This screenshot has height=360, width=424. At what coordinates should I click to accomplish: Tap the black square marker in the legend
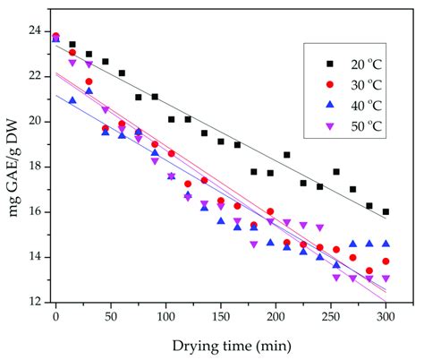pyautogui.click(x=328, y=64)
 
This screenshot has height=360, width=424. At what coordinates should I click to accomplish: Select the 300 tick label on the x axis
pyautogui.click(x=386, y=315)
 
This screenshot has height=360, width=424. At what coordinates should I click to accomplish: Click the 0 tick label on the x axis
pyautogui.click(x=55, y=315)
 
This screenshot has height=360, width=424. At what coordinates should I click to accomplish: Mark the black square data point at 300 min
pyautogui.click(x=386, y=212)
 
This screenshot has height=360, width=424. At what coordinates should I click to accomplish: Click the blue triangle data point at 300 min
pyautogui.click(x=386, y=243)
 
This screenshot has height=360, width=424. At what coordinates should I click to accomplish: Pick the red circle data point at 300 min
pyautogui.click(x=386, y=261)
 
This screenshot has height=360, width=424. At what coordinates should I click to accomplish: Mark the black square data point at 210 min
pyautogui.click(x=286, y=155)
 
